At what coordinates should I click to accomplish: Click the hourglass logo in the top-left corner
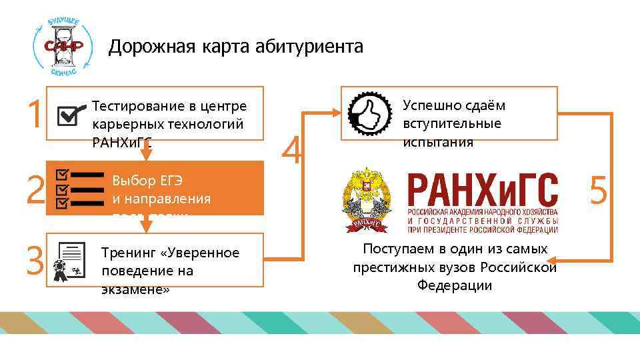59,45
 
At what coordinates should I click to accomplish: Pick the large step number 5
598,191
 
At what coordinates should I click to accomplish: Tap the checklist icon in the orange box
79,189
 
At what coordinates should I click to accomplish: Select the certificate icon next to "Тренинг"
70,261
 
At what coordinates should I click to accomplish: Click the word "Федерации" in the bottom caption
455,285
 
